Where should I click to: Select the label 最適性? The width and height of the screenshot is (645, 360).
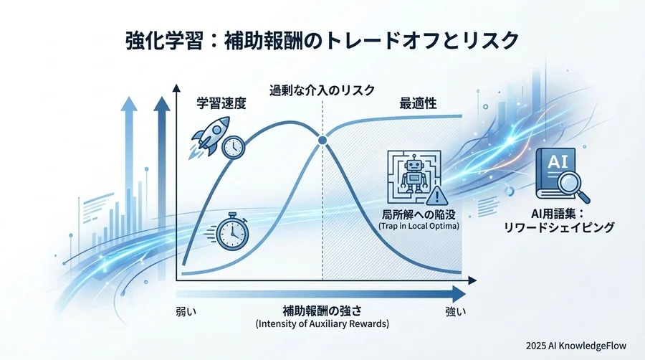click(419, 103)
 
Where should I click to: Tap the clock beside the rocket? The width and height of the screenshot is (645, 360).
click(233, 147)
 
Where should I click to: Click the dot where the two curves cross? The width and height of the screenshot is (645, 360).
click(322, 140)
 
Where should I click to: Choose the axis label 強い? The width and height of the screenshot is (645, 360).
click(455, 312)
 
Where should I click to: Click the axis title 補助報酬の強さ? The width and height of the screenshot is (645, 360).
click(322, 312)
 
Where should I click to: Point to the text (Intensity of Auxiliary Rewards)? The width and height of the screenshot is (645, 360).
click(322, 325)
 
